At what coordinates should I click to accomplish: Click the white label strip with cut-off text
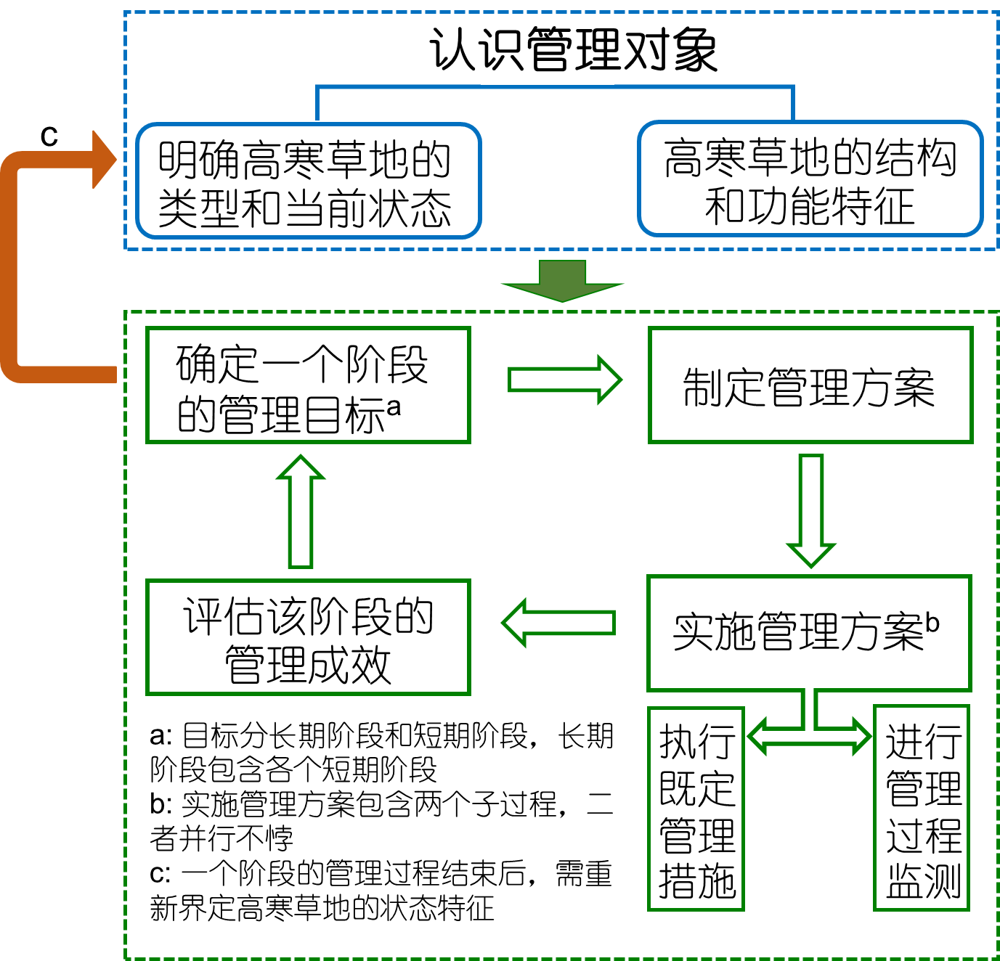pyautogui.click(x=547, y=68)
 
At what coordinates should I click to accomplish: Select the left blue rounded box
pyautogui.click(x=309, y=181)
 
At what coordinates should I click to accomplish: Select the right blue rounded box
pyautogui.click(x=810, y=179)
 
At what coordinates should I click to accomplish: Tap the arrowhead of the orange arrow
pyautogui.click(x=103, y=160)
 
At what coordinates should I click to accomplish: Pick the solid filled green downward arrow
pyautogui.click(x=563, y=282)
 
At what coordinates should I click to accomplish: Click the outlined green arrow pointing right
pyautogui.click(x=565, y=380)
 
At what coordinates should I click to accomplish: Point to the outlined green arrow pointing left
pyautogui.click(x=559, y=623)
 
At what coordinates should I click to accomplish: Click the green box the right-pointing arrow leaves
pyautogui.click(x=309, y=385)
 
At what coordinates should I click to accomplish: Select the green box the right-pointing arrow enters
pyautogui.click(x=810, y=385)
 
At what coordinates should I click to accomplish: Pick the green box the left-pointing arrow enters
pyautogui.click(x=309, y=637)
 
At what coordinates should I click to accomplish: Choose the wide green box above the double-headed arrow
pyautogui.click(x=809, y=633)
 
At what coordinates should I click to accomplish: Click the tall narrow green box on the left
pyautogui.click(x=696, y=809)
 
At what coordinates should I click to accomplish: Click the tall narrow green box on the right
pyautogui.click(x=922, y=808)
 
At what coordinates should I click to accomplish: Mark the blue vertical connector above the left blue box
pyautogui.click(x=317, y=104)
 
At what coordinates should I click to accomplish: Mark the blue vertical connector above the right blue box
pyautogui.click(x=793, y=104)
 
